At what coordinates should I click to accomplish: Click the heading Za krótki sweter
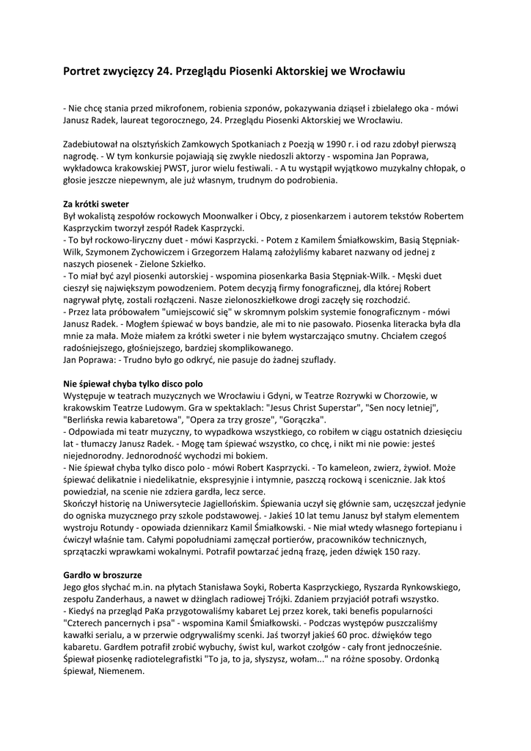click(x=96, y=204)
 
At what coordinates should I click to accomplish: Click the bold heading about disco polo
click(x=133, y=384)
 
